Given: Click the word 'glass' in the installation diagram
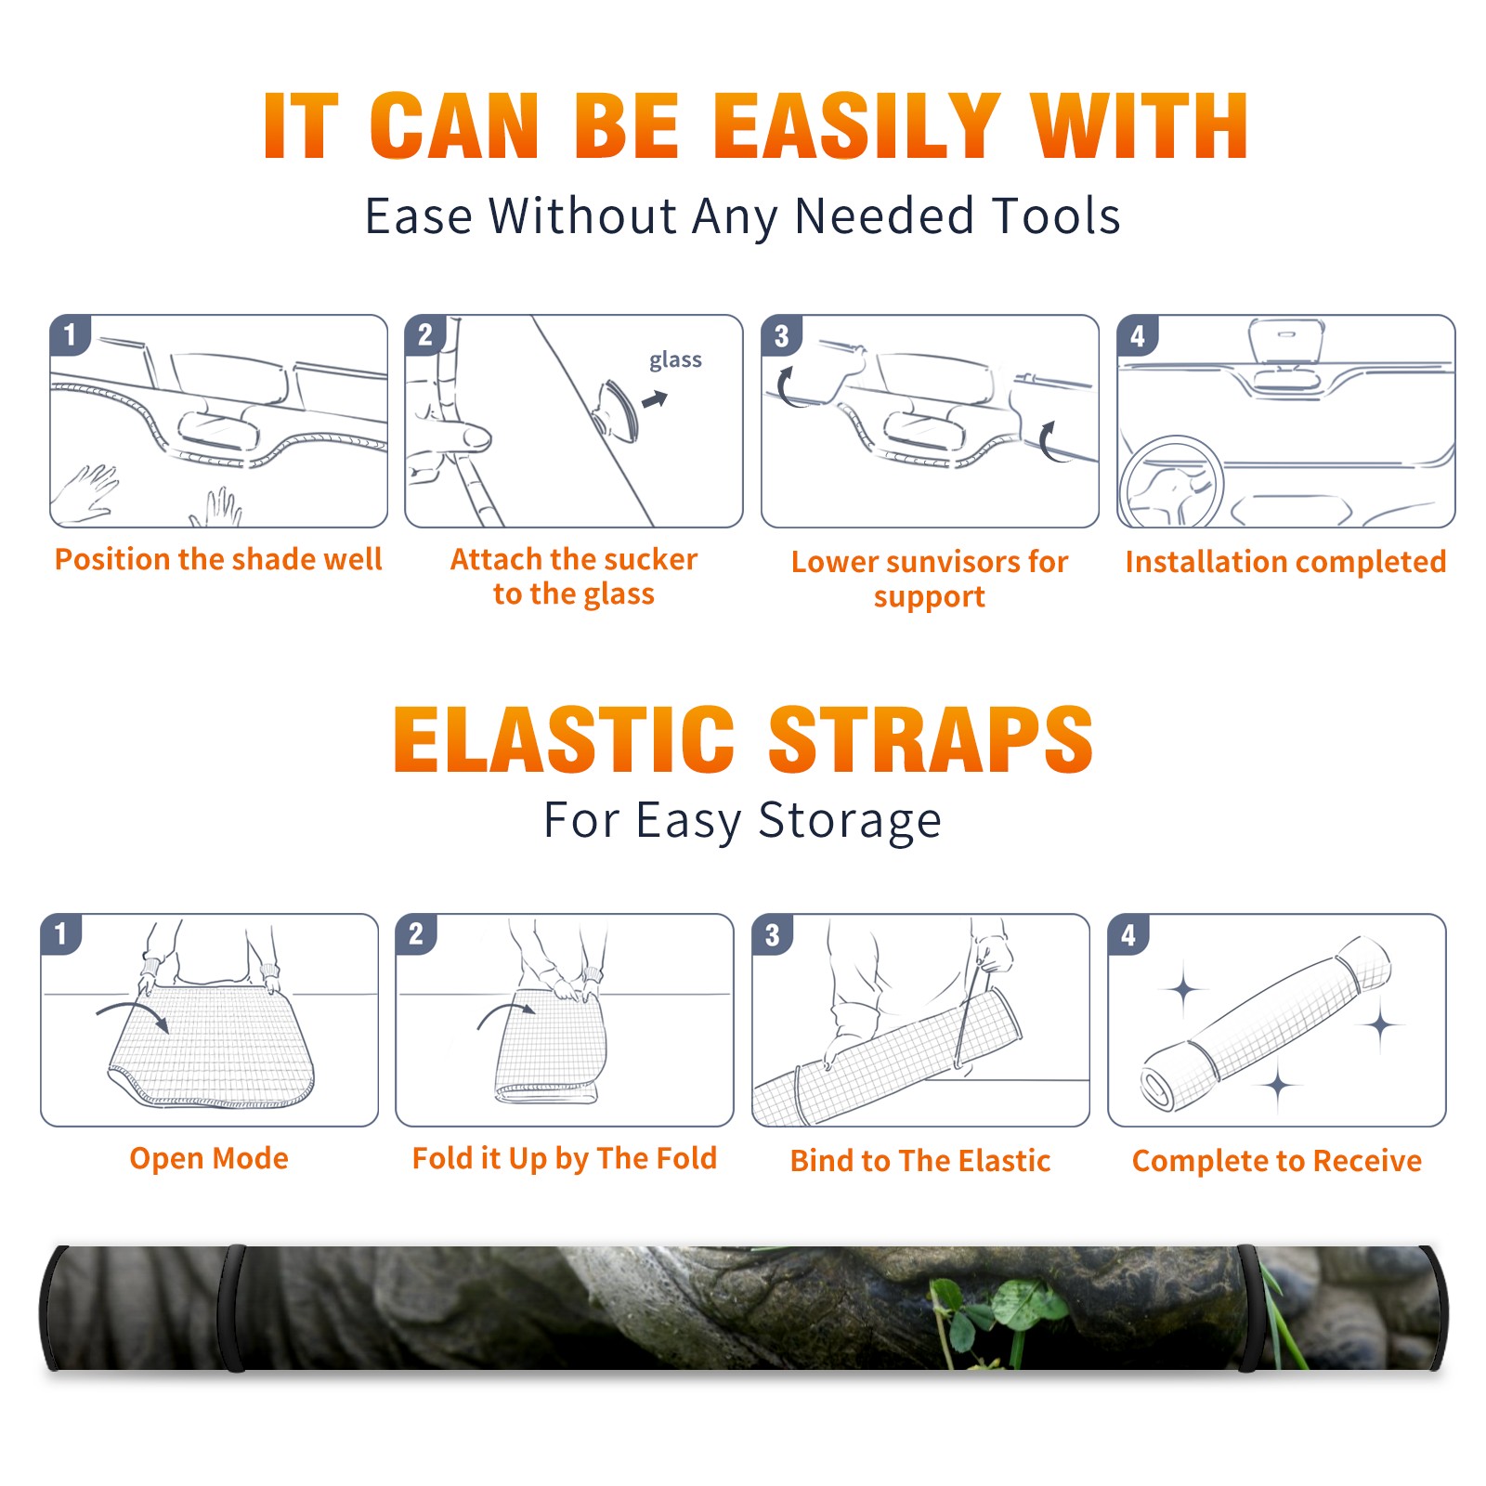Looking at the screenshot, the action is tap(675, 360).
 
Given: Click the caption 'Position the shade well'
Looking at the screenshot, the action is tap(218, 559).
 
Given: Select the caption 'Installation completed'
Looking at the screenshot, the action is tap(1285, 562).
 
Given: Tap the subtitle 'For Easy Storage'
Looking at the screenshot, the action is tap(743, 821).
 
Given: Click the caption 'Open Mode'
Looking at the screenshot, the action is tap(209, 1159).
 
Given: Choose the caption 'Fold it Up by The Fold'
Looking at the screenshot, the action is tap(565, 1159).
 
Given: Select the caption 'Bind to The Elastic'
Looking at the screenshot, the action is tap(920, 1161).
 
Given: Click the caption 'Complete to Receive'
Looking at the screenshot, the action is tap(1277, 1161).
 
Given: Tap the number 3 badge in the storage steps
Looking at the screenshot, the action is tap(772, 934).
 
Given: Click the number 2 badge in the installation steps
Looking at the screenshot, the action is tap(425, 335).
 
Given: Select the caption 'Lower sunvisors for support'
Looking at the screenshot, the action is tap(930, 579).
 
